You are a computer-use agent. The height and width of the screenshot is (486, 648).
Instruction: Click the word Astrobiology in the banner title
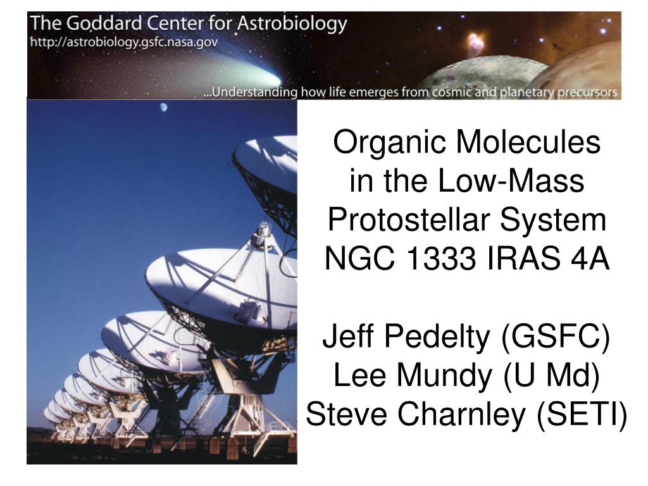pyautogui.click(x=292, y=24)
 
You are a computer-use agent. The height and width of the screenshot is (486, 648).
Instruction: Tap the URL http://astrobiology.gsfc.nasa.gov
pyautogui.click(x=124, y=42)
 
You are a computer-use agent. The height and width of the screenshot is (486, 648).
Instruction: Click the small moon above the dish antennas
pyautogui.click(x=164, y=108)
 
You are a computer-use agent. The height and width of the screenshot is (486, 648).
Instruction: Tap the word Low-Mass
pyautogui.click(x=511, y=180)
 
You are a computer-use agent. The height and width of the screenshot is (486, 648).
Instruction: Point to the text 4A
pyautogui.click(x=589, y=259)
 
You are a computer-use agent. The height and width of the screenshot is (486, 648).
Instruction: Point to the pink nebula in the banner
pyautogui.click(x=476, y=44)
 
